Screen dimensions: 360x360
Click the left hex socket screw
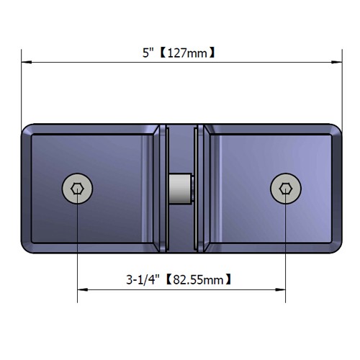pyautogui.click(x=77, y=189)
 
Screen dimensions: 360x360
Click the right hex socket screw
pyautogui.click(x=286, y=189)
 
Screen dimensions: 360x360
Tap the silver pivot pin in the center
pyautogui.click(x=181, y=189)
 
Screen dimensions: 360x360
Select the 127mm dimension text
pyautogui.click(x=187, y=53)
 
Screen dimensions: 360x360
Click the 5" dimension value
pyautogui.click(x=148, y=53)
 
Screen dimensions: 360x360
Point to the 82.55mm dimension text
pyautogui.click(x=198, y=279)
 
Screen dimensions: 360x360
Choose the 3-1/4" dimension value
pyautogui.click(x=143, y=279)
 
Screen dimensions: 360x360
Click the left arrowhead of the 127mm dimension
pyautogui.click(x=27, y=62)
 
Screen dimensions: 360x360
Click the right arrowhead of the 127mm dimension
pyautogui.click(x=337, y=62)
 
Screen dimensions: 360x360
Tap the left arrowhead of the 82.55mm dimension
pyautogui.click(x=83, y=289)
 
